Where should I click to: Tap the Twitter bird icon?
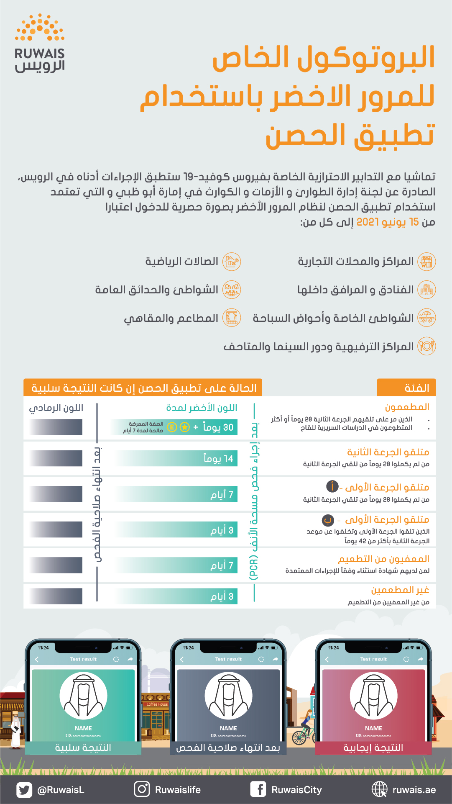(x=24, y=790)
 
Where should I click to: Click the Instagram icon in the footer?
(x=142, y=789)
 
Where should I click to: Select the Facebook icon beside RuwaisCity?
(x=258, y=789)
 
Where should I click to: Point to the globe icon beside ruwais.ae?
(x=379, y=789)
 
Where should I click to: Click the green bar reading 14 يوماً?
(x=176, y=459)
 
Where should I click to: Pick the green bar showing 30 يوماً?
(x=176, y=427)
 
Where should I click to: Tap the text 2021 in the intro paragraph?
(x=368, y=222)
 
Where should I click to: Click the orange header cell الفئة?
(x=406, y=388)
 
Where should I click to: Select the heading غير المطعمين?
(x=400, y=590)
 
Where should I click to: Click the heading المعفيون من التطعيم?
(x=383, y=559)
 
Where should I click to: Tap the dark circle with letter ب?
(x=328, y=520)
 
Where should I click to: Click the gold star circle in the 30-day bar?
(x=184, y=427)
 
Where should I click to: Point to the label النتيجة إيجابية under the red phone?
(x=373, y=748)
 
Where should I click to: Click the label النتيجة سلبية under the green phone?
(x=83, y=748)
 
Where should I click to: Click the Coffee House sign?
(x=157, y=704)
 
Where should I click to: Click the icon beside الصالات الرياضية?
(x=231, y=262)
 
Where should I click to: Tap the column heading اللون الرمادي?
(x=56, y=408)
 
